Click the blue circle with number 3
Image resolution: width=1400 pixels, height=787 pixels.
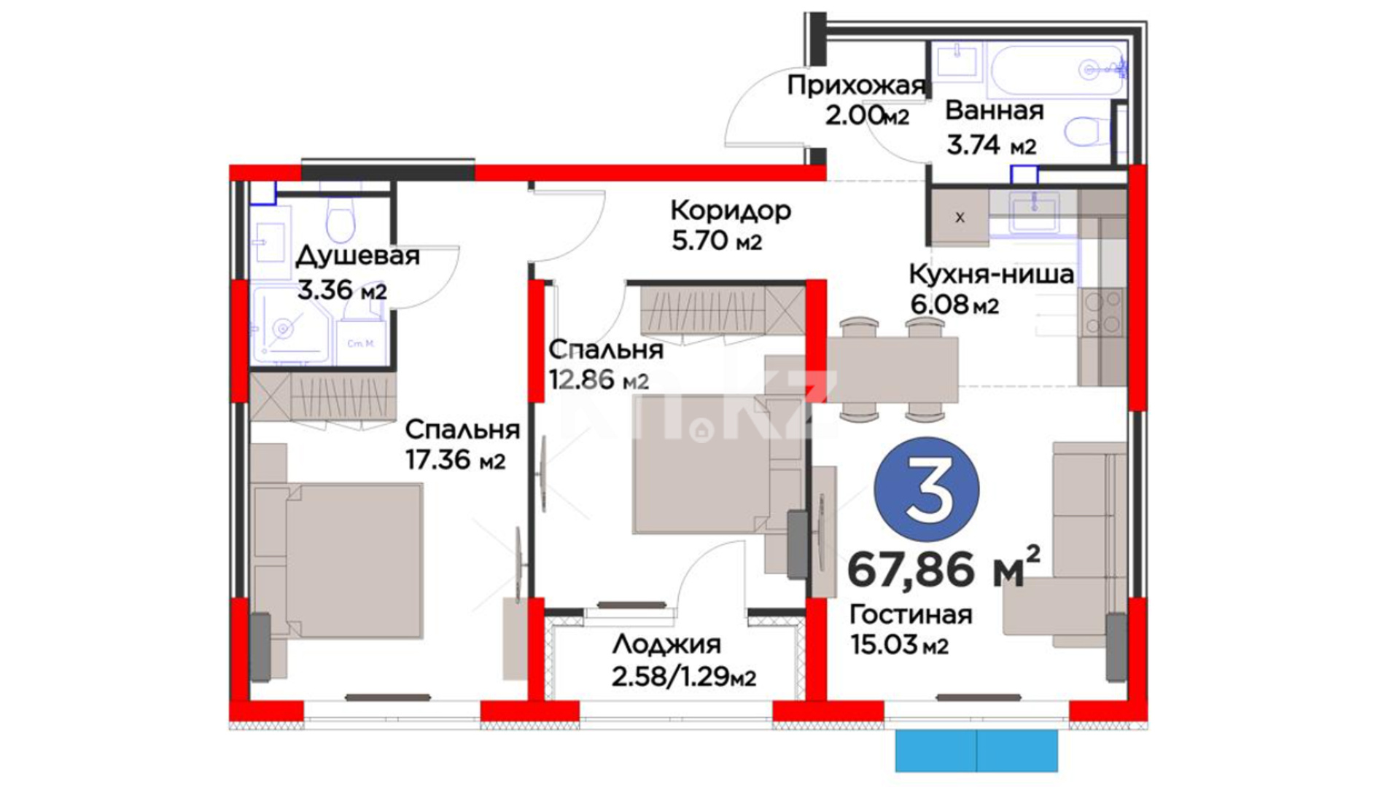pos(927,489)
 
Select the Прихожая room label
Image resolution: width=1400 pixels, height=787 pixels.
pos(856,86)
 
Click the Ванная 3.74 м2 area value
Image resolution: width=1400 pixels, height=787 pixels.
pos(991,145)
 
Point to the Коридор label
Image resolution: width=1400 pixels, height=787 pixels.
pos(731,211)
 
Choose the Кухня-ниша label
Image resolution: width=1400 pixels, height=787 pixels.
pos(991,274)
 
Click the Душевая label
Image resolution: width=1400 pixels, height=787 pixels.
pos(357,257)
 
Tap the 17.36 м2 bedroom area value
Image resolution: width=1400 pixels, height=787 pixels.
pos(455,460)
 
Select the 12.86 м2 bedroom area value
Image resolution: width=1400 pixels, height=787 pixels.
pos(599,380)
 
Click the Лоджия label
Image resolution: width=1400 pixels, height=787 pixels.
pos(666,644)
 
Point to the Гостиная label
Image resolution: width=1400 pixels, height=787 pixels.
pos(911,614)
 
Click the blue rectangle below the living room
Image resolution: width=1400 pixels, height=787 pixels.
pos(976,751)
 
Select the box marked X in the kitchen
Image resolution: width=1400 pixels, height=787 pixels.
pos(960,217)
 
